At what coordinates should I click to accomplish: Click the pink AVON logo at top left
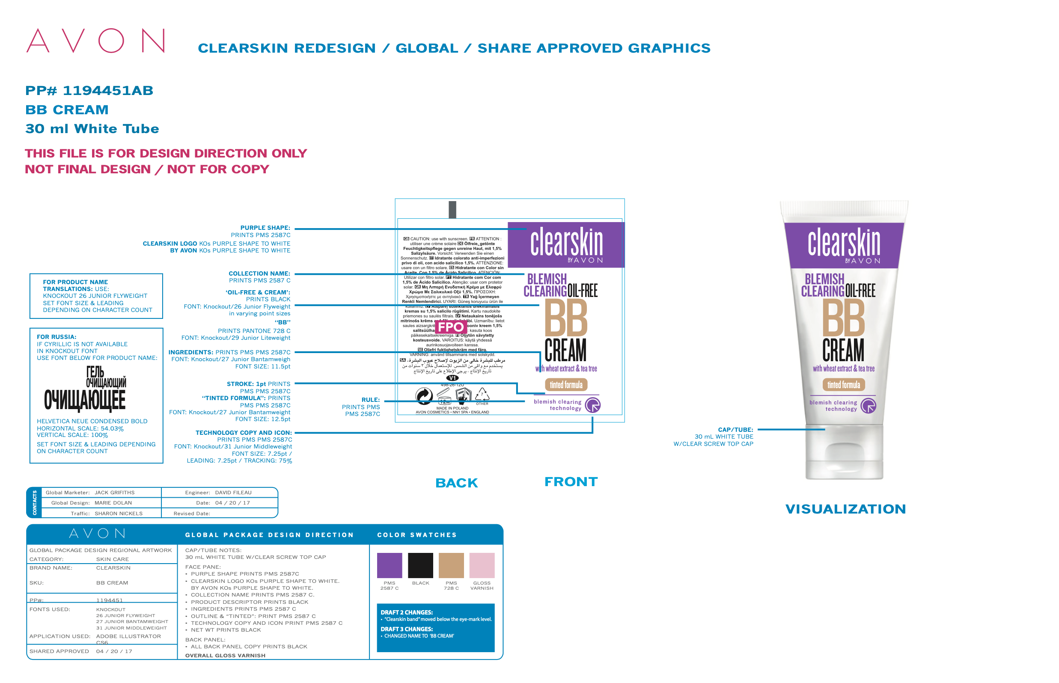[x=95, y=41]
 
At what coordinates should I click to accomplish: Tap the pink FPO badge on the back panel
[x=450, y=327]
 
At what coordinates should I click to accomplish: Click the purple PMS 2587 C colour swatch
[x=389, y=565]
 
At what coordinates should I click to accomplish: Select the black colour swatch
[x=420, y=565]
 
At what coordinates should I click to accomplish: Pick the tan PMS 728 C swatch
[x=451, y=565]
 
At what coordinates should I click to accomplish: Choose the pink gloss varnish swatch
[x=482, y=565]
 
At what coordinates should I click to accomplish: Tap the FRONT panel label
[x=571, y=481]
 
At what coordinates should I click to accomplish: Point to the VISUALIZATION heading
[x=845, y=509]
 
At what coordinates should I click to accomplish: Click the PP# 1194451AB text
[x=89, y=90]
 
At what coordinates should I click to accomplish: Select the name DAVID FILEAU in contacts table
[x=233, y=492]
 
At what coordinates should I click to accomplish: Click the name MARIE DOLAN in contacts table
[x=113, y=502]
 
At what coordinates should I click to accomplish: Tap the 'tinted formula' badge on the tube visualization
[x=843, y=385]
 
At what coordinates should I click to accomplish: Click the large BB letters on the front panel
[x=565, y=318]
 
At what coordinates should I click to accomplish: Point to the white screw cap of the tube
[x=844, y=452]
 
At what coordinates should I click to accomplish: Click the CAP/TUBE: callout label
[x=735, y=429]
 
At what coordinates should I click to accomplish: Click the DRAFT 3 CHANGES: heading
[x=406, y=629]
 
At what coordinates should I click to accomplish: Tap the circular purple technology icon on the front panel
[x=592, y=405]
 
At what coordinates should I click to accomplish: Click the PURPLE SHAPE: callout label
[x=265, y=228]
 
